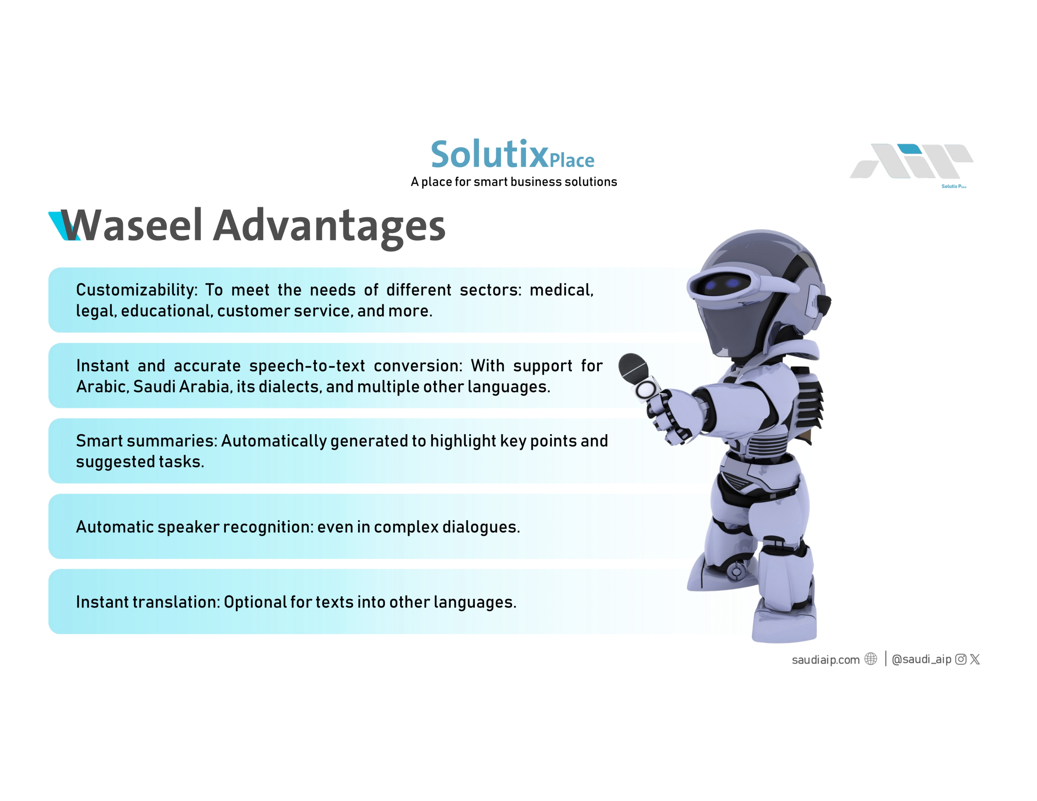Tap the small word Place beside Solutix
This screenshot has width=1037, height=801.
[572, 161]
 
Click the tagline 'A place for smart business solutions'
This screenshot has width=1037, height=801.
[514, 182]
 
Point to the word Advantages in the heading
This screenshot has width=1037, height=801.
[329, 228]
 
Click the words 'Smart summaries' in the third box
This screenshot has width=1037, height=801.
[146, 441]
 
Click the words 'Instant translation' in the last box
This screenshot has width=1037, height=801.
[148, 602]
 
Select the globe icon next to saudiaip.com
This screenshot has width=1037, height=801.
[871, 659]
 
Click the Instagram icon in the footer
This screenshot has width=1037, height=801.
[961, 659]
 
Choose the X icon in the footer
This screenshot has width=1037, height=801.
[975, 659]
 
